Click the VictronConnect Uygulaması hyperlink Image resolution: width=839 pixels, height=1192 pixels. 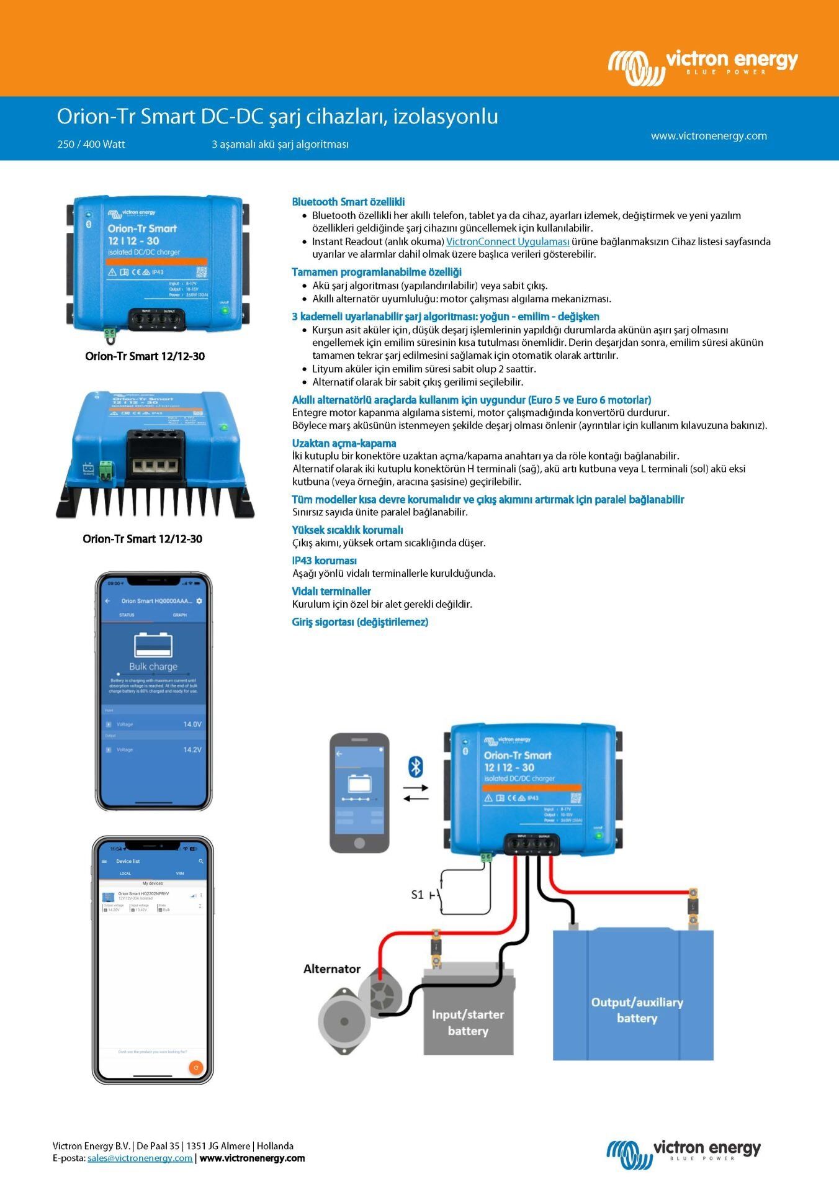click(x=508, y=242)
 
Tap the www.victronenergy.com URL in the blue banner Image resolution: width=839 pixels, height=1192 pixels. click(x=708, y=136)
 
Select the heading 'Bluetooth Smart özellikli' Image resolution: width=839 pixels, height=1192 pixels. click(x=348, y=202)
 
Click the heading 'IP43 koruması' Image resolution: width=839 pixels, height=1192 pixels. click(x=324, y=561)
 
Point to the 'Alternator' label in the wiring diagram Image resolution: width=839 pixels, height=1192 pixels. click(x=331, y=968)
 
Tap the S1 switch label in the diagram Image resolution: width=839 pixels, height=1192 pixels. click(x=418, y=895)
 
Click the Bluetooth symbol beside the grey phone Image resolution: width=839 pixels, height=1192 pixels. click(x=415, y=767)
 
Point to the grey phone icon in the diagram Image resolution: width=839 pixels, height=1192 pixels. click(x=359, y=792)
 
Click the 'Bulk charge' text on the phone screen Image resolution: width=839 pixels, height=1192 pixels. click(x=153, y=666)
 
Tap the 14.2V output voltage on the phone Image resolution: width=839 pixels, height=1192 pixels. click(x=192, y=749)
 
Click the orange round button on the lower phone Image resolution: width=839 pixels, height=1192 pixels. click(x=195, y=1067)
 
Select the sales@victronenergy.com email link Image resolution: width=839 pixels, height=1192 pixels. click(x=140, y=1158)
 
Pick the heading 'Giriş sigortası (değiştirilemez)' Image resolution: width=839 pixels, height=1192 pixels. click(x=360, y=622)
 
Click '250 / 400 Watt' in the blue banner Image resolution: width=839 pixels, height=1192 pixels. click(x=91, y=144)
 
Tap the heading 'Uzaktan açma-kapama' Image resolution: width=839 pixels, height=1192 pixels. click(x=344, y=443)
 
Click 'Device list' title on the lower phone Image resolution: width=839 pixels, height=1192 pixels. click(x=128, y=861)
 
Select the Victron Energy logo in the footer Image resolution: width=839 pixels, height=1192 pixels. click(x=683, y=1154)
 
